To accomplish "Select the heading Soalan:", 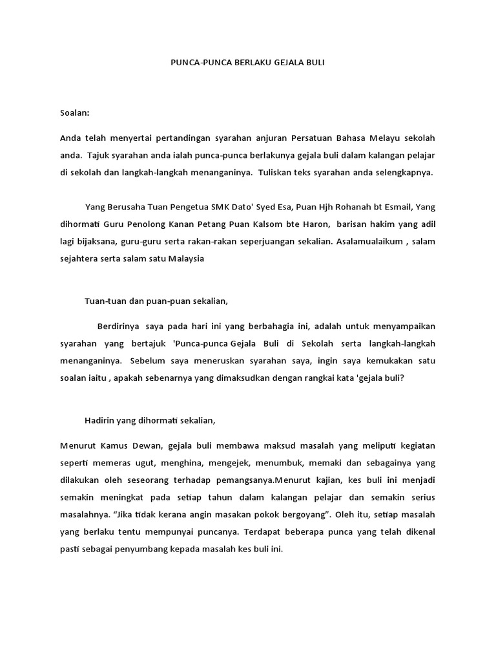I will click(x=75, y=112).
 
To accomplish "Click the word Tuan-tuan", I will click(x=105, y=301).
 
